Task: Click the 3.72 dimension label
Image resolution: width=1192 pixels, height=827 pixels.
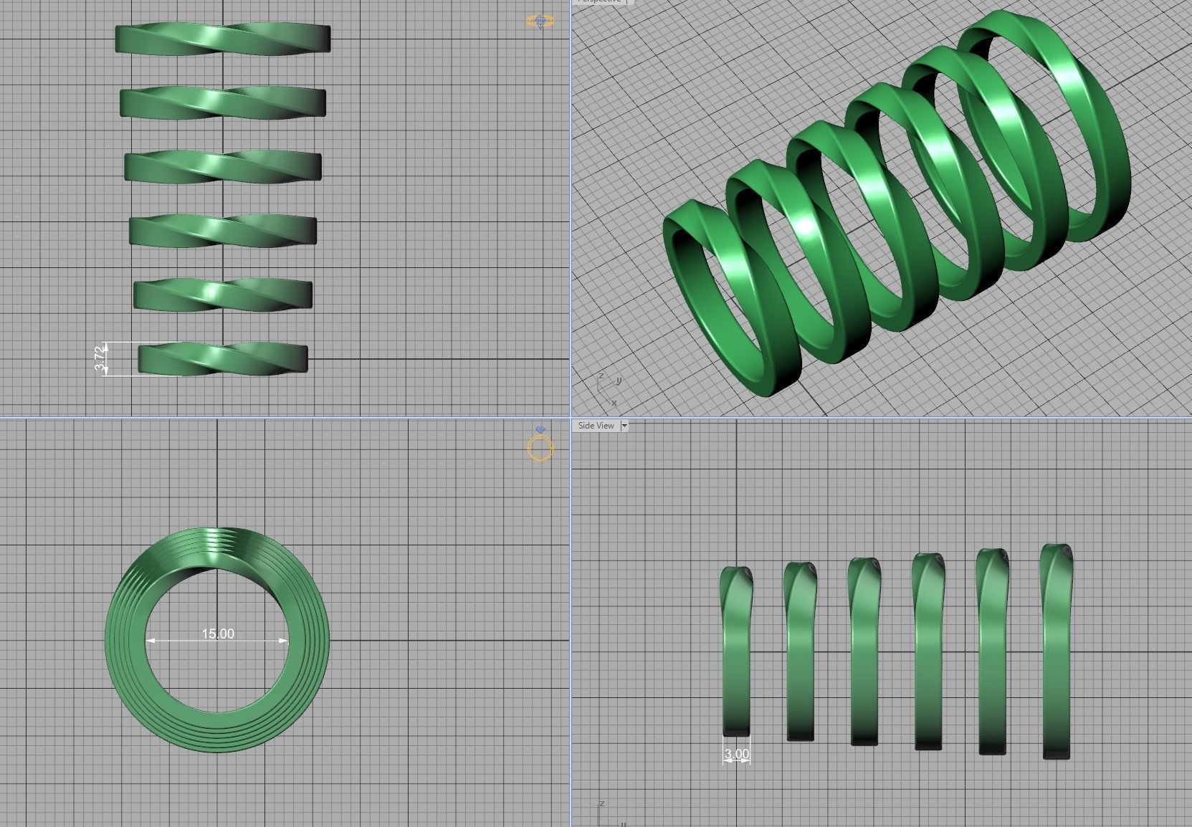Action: click(x=100, y=358)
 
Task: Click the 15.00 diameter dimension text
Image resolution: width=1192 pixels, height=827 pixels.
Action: click(x=217, y=634)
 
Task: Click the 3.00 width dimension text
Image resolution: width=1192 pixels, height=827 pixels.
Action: click(x=736, y=753)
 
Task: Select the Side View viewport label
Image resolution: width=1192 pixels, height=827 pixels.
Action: click(x=596, y=426)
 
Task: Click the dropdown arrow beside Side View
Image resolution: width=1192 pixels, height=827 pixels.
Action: click(x=624, y=426)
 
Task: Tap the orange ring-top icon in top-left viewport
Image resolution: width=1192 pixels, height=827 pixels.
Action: click(x=540, y=21)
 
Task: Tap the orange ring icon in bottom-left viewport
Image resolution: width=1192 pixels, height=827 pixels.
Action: click(x=540, y=448)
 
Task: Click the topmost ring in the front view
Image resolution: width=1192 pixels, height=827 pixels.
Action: click(x=222, y=39)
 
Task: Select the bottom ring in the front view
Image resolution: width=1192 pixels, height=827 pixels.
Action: click(x=222, y=358)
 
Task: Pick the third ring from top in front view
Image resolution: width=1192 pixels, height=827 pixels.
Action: click(x=222, y=166)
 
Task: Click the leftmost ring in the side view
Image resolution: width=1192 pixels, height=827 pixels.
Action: click(x=736, y=652)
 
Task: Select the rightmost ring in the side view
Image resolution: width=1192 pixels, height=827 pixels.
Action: click(x=1056, y=652)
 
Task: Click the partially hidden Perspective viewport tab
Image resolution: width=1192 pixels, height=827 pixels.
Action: click(x=601, y=1)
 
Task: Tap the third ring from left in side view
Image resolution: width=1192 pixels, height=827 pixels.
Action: click(x=864, y=652)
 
